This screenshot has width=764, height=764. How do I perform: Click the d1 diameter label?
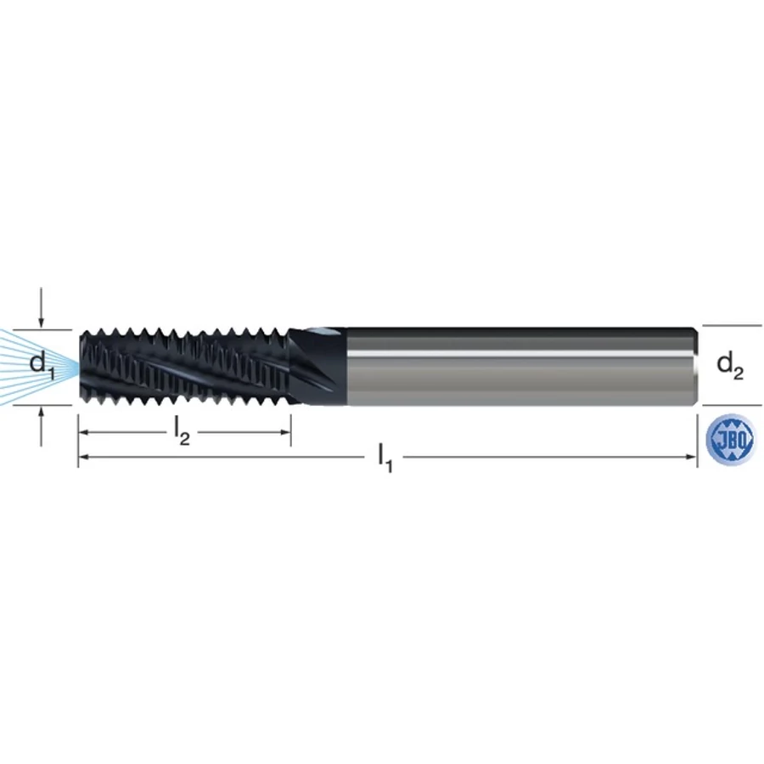(x=42, y=365)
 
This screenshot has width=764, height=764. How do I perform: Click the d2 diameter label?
(x=730, y=367)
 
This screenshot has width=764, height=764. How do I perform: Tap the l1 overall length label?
(x=385, y=459)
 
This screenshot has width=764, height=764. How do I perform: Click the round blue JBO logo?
(x=729, y=439)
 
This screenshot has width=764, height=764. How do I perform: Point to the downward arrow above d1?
(x=42, y=307)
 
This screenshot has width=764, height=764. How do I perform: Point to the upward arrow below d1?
(x=42, y=426)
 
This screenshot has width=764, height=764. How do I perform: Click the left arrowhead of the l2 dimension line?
(x=84, y=432)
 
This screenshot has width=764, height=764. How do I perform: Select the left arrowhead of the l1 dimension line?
(x=84, y=457)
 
